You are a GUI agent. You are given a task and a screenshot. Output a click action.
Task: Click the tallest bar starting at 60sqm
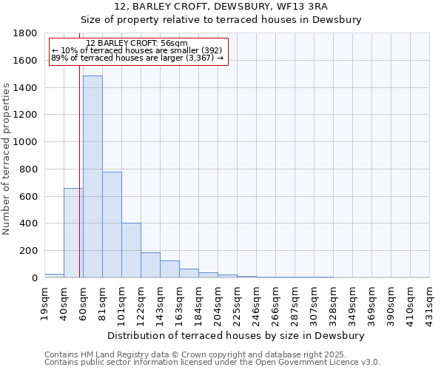tap(92, 178)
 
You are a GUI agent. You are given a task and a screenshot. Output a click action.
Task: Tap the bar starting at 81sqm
tap(112, 225)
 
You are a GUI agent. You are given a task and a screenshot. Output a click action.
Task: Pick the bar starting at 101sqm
tap(131, 250)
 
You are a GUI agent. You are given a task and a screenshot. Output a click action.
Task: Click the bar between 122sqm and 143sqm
tap(150, 265)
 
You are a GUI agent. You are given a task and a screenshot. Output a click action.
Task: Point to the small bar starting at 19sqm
tap(54, 275)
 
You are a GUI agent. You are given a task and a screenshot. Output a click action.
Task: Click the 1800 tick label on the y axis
tap(26, 33)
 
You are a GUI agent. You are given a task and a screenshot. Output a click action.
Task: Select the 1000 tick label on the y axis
tap(26, 142)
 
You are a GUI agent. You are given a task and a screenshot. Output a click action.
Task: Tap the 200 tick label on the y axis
tap(29, 251)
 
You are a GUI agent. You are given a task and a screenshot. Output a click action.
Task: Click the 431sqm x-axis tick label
tap(430, 301)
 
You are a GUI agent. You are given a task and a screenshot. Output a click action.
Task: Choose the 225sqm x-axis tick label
tap(238, 301)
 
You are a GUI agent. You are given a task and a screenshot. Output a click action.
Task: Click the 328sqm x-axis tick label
tap(334, 301)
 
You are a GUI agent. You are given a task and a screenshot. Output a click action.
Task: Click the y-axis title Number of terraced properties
tap(7, 159)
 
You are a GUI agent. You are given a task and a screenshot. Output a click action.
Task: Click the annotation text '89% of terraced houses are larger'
tap(137, 58)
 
